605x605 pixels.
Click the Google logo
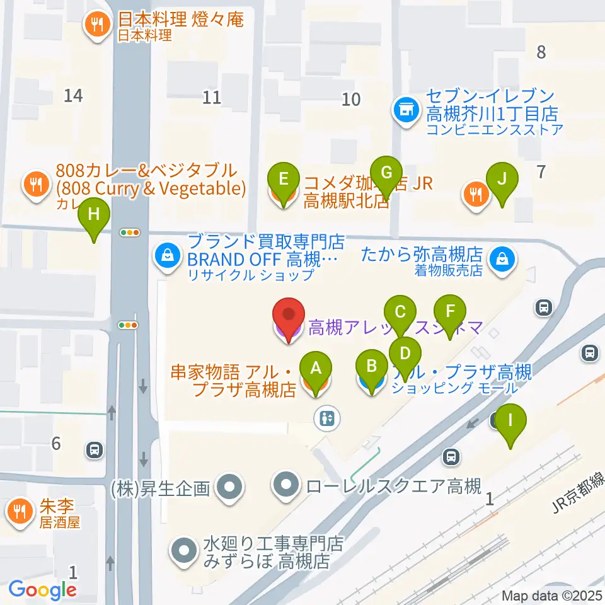point(42,590)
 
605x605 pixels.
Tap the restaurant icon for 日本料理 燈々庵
point(96,25)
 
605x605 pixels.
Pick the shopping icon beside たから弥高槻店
point(502,258)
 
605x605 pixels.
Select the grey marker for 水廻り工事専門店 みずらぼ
point(184,550)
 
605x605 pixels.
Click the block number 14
point(74,96)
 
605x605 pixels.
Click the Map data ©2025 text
point(552,596)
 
